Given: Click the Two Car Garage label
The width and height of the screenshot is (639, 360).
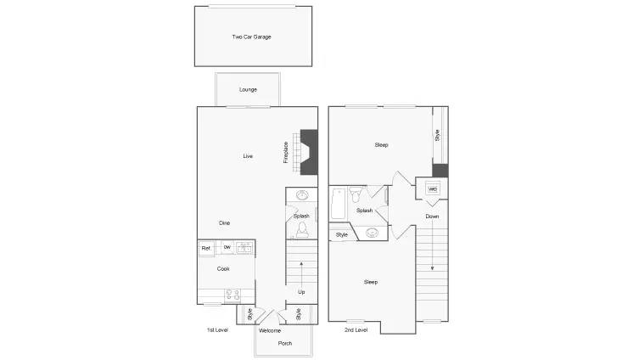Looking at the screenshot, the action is (x=251, y=37).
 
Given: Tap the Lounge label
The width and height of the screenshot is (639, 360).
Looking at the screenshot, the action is (x=248, y=89).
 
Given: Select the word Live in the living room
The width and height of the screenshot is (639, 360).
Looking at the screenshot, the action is (x=248, y=156).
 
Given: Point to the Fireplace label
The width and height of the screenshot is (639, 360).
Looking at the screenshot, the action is (x=286, y=152).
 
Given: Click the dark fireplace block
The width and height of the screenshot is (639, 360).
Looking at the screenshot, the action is (x=309, y=152).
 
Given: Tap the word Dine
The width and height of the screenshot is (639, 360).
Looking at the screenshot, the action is (x=225, y=223).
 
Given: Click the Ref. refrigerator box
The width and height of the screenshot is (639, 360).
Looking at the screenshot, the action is (x=206, y=248).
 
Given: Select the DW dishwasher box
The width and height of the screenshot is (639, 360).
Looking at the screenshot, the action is (x=227, y=247).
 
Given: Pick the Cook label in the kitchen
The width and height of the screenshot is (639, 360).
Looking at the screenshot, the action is (x=223, y=268).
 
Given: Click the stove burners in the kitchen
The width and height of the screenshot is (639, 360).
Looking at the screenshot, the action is (x=233, y=295).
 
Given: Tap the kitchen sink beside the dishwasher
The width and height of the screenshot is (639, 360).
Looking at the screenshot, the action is (x=244, y=247).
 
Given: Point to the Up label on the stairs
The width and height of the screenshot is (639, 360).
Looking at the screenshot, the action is (x=301, y=292).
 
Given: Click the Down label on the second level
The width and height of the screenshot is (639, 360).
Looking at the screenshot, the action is (x=432, y=216).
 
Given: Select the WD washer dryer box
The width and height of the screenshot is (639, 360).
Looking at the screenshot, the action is (x=433, y=189).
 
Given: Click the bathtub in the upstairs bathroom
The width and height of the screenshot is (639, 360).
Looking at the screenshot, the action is (x=339, y=204).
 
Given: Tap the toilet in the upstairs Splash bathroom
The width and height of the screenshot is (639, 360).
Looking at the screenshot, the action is (x=356, y=194).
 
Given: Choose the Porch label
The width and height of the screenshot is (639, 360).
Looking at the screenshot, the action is (x=285, y=343).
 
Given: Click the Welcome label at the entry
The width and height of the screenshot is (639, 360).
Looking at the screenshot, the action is (x=270, y=330).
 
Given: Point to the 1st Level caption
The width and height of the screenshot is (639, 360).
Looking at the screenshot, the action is (x=217, y=329).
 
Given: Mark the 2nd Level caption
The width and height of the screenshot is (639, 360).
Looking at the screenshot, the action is (x=356, y=329).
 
